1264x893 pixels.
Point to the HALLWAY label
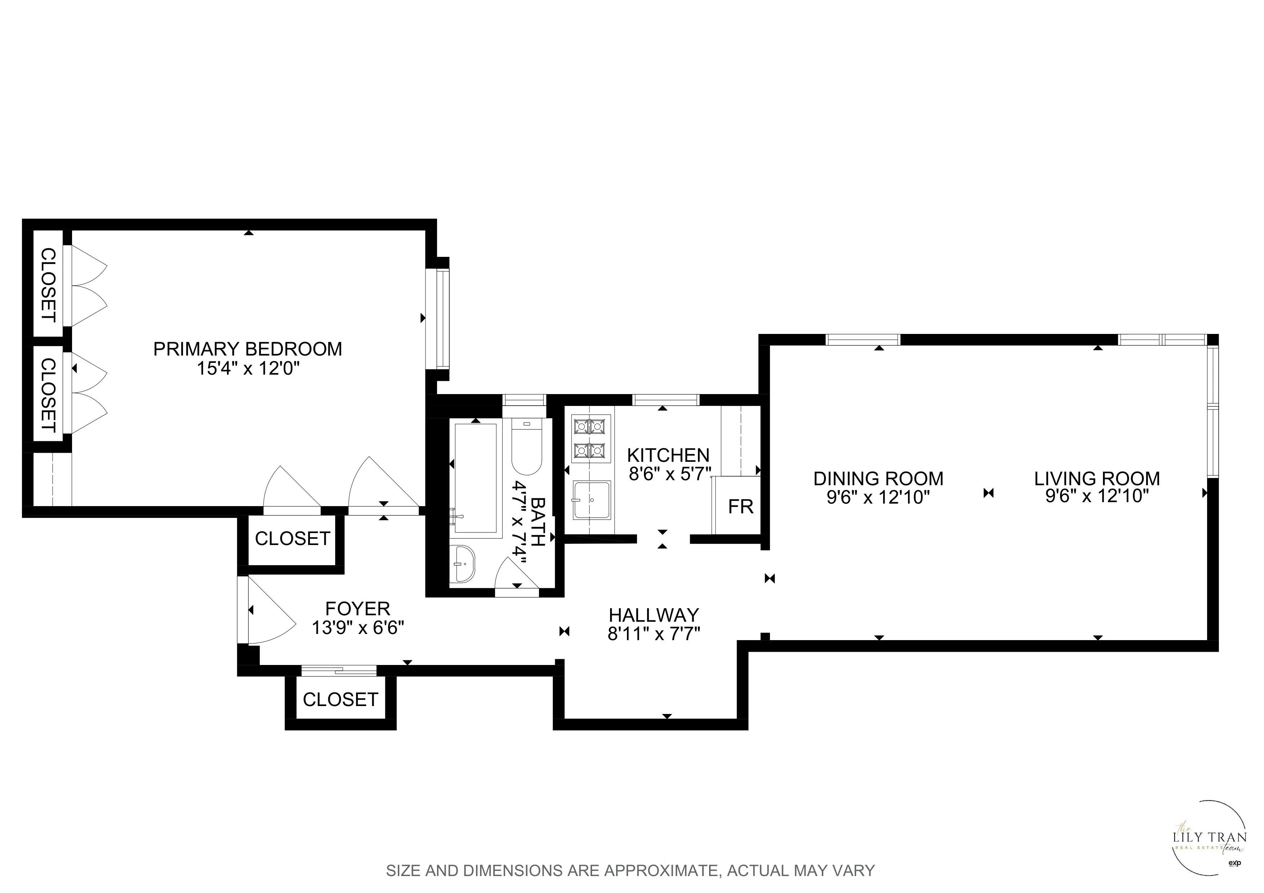point(654,615)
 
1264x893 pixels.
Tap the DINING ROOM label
point(878,478)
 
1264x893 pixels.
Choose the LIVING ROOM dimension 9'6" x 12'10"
point(1097,497)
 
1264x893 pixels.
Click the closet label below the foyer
point(340,699)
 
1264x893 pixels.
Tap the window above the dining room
point(863,339)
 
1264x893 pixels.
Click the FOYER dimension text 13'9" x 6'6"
point(358,628)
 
